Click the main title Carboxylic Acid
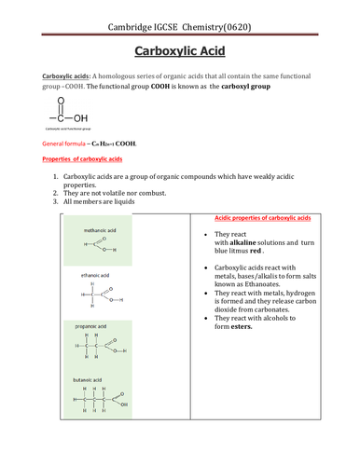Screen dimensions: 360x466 pos(180,48)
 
